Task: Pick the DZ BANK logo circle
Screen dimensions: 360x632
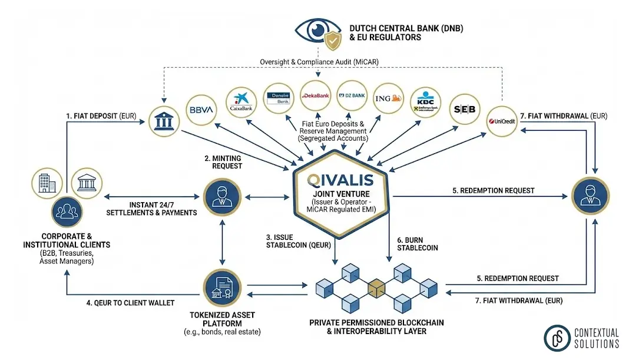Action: tap(352, 95)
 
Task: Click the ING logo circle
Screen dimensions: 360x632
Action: tap(389, 97)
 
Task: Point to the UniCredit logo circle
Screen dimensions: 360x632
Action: tap(502, 121)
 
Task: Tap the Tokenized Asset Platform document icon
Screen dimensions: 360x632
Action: tap(223, 286)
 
